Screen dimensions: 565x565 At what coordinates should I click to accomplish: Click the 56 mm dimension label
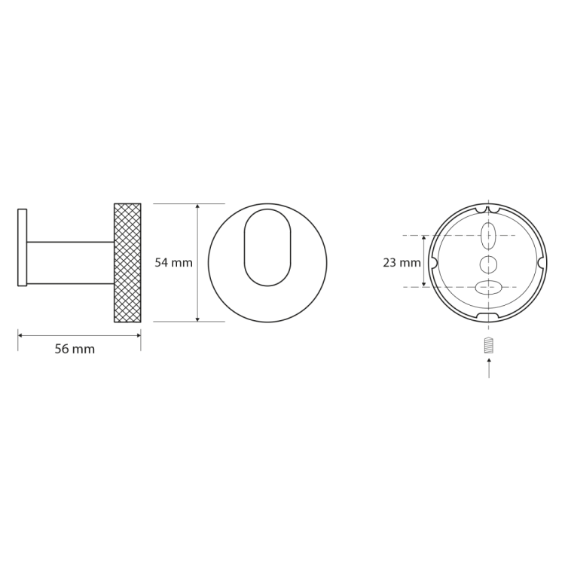[x=75, y=349]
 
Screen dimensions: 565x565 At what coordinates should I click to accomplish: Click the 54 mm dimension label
[x=174, y=262]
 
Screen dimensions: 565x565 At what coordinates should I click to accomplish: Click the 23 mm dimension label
[x=402, y=263]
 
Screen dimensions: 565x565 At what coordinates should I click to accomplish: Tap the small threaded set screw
[x=489, y=345]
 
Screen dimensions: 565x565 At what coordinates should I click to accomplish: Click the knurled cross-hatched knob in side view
[x=127, y=263]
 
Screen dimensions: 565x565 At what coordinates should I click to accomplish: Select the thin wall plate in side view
[x=22, y=248]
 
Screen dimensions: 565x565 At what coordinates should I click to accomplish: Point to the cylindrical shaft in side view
[x=70, y=263]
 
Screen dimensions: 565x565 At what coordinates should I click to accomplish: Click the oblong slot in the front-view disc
[x=267, y=248]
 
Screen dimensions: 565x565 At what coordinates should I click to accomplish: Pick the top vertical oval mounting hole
[x=489, y=236]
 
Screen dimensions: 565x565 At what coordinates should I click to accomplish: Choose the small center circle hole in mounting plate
[x=489, y=265]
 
